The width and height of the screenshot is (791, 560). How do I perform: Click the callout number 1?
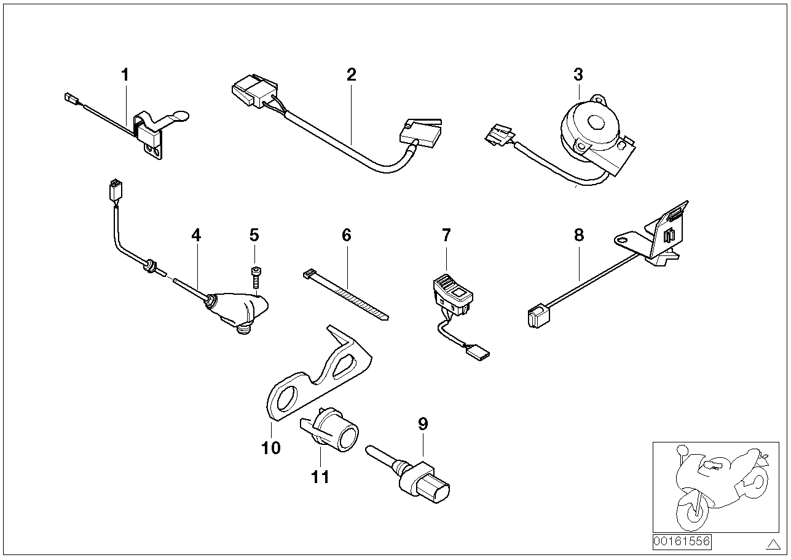(125, 76)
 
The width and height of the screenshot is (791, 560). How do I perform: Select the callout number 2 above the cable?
(351, 76)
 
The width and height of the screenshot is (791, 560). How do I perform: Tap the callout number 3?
(578, 75)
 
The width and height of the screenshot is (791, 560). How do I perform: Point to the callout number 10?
(270, 447)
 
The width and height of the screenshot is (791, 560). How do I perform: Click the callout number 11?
(320, 476)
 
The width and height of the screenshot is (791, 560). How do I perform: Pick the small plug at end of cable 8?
(535, 316)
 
